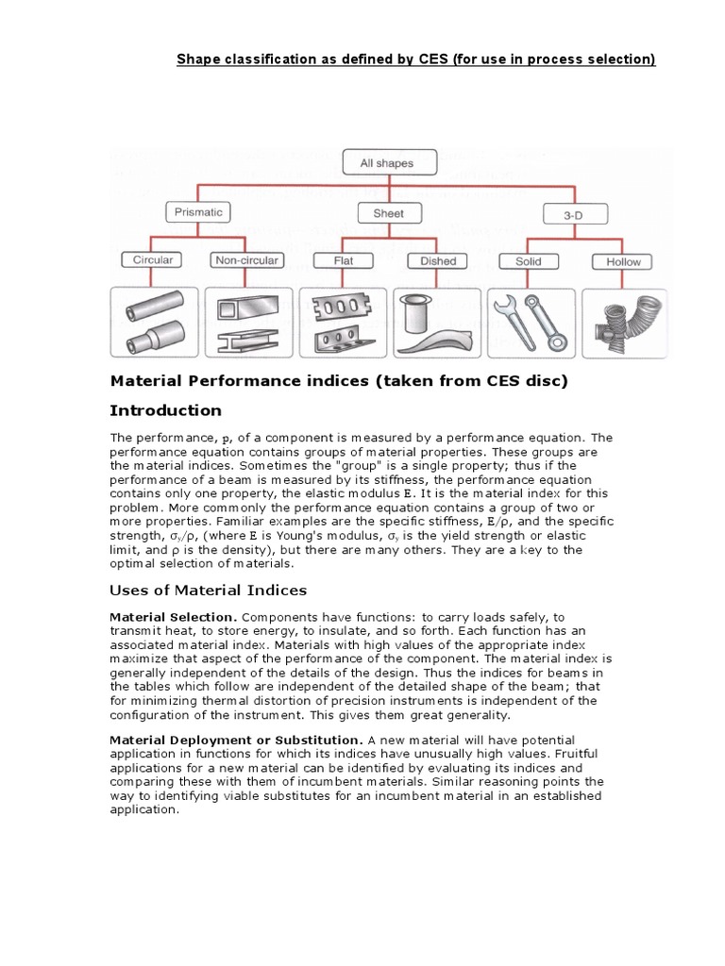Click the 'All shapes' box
click(x=386, y=163)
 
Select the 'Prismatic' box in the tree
click(x=198, y=213)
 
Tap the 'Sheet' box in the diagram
click(x=388, y=213)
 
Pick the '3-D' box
click(x=573, y=215)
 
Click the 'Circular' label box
click(x=153, y=260)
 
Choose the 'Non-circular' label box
click(x=246, y=260)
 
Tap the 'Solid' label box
click(x=528, y=261)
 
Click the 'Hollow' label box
click(x=623, y=261)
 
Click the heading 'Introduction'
click(x=166, y=410)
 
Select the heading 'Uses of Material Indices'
click(x=209, y=591)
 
